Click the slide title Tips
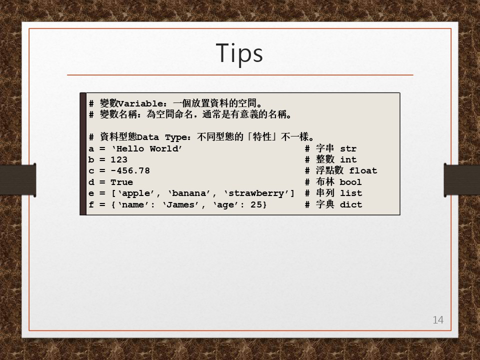click(x=239, y=53)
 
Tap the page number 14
click(x=438, y=320)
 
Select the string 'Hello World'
click(x=147, y=149)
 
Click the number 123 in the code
click(x=119, y=160)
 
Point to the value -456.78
click(x=130, y=171)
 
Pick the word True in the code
click(x=122, y=182)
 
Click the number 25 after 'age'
click(x=256, y=205)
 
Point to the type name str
click(x=348, y=149)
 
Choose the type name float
click(x=363, y=171)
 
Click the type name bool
click(x=351, y=182)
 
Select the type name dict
click(x=351, y=205)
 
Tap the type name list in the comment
click(x=351, y=193)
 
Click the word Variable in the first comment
click(x=141, y=104)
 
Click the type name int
click(x=348, y=160)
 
